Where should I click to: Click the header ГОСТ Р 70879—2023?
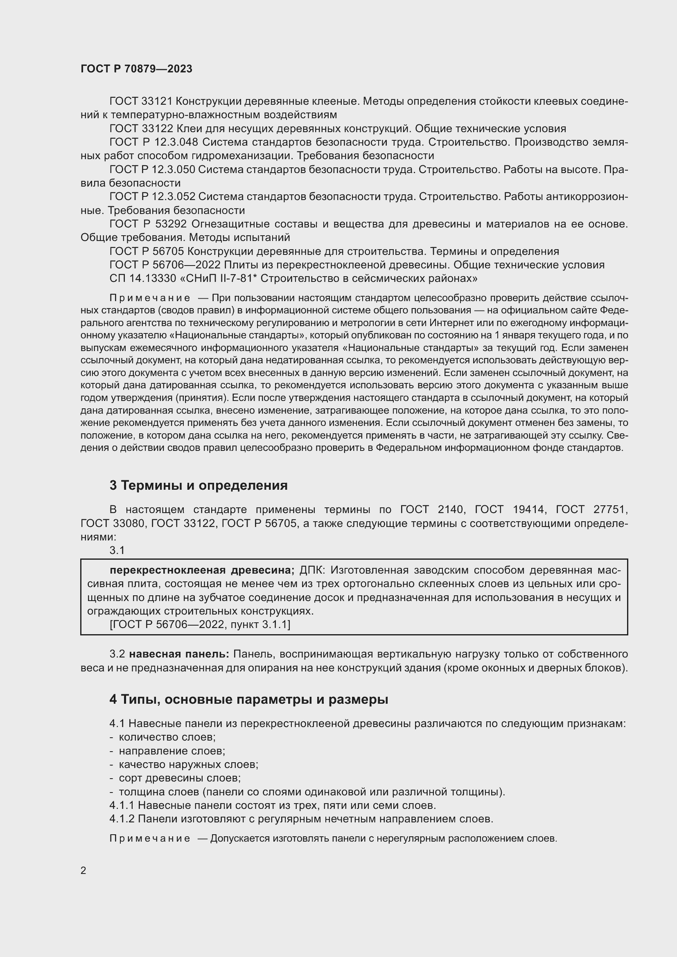(x=136, y=69)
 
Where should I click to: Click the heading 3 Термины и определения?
(x=199, y=486)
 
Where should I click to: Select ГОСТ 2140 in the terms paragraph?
(x=431, y=510)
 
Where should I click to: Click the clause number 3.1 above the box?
(x=117, y=550)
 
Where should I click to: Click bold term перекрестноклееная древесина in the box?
(x=202, y=570)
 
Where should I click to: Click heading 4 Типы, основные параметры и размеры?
(x=249, y=699)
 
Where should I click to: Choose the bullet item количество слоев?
(x=167, y=737)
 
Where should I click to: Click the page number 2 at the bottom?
(x=83, y=871)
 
